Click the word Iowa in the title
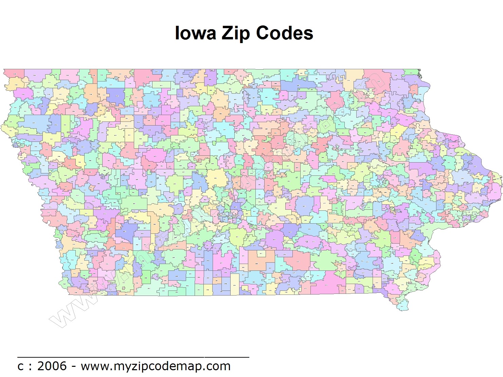click(x=195, y=33)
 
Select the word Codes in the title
click(x=284, y=33)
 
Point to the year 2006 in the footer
click(x=52, y=366)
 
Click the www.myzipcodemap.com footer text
click(x=156, y=366)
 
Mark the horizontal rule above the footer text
click(x=133, y=357)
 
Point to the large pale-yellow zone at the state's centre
click(x=216, y=178)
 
